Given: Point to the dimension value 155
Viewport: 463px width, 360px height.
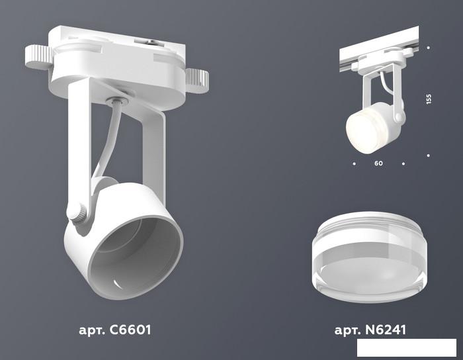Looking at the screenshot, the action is pyautogui.click(x=429, y=99).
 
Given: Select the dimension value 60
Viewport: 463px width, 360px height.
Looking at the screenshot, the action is pyautogui.click(x=378, y=163).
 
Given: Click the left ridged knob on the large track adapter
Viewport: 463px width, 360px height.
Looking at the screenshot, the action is pyautogui.click(x=39, y=57).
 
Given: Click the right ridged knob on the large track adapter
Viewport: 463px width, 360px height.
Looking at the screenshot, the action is pyautogui.click(x=197, y=80).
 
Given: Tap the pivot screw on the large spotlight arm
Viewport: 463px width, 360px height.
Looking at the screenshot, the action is pyautogui.click(x=77, y=213).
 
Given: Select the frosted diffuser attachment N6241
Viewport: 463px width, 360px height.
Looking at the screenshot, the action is pyautogui.click(x=369, y=256).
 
